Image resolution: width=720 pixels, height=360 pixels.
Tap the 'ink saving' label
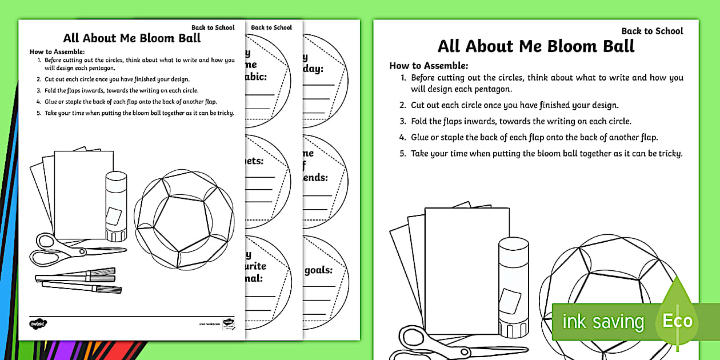click(602, 322)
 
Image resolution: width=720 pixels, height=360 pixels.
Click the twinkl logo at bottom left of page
click(37, 323)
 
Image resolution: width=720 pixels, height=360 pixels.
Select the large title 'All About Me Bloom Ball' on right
click(536, 46)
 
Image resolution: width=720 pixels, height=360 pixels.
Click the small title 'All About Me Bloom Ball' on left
click(132, 39)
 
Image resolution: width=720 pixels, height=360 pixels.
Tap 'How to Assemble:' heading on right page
click(429, 66)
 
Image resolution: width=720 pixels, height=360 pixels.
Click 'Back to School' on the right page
click(652, 31)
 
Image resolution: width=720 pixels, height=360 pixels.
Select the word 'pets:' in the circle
click(255, 161)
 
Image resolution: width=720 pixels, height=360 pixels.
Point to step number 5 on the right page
click(403, 153)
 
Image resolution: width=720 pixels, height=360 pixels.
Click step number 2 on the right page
click(403, 105)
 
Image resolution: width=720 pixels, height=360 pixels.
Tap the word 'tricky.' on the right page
click(668, 153)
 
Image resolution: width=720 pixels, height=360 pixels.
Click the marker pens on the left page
click(77, 280)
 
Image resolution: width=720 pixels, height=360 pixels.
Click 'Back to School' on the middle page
click(271, 27)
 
